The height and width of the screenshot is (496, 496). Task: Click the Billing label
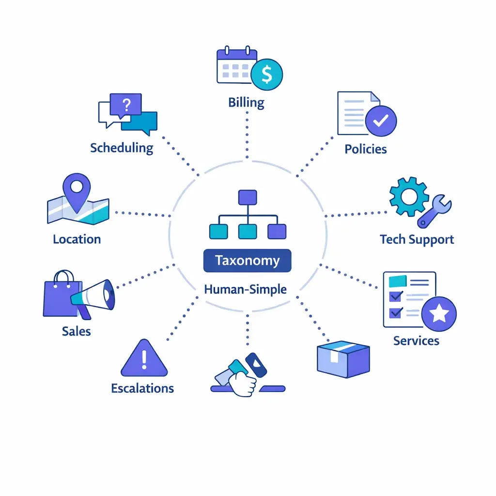247,103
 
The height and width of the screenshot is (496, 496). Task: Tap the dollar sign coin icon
266,74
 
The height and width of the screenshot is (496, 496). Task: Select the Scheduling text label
122,148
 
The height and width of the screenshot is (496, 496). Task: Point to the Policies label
366,149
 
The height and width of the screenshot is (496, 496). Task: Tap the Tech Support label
417,239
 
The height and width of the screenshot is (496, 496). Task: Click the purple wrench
434,212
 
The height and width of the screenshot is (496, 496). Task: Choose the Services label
416,341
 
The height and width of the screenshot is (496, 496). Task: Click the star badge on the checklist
439,314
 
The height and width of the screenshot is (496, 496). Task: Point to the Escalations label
142,388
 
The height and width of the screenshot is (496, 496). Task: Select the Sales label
77,331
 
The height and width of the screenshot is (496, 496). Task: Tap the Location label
77,239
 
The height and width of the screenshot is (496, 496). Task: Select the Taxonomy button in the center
248,261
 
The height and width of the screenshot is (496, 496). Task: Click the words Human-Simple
246,290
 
